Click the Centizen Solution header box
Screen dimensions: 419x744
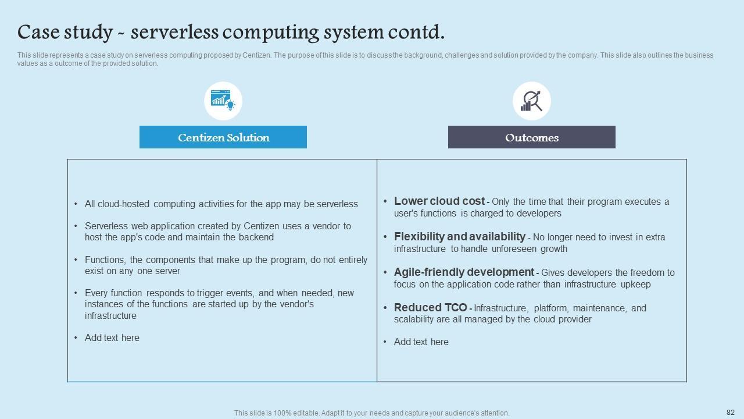(223, 137)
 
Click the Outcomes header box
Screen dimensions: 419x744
(531, 137)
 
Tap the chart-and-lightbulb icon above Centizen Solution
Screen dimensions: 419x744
(223, 101)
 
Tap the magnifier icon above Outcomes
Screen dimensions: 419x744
(531, 101)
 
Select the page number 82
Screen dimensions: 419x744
(731, 412)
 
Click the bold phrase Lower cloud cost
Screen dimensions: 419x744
(439, 201)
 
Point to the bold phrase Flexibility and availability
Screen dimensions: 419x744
(459, 237)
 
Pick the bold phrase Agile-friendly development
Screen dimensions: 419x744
(464, 272)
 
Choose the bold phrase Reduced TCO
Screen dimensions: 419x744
(430, 308)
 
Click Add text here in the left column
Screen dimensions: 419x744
(112, 338)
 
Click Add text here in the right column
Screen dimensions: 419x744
(421, 342)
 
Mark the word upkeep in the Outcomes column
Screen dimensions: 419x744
(635, 285)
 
